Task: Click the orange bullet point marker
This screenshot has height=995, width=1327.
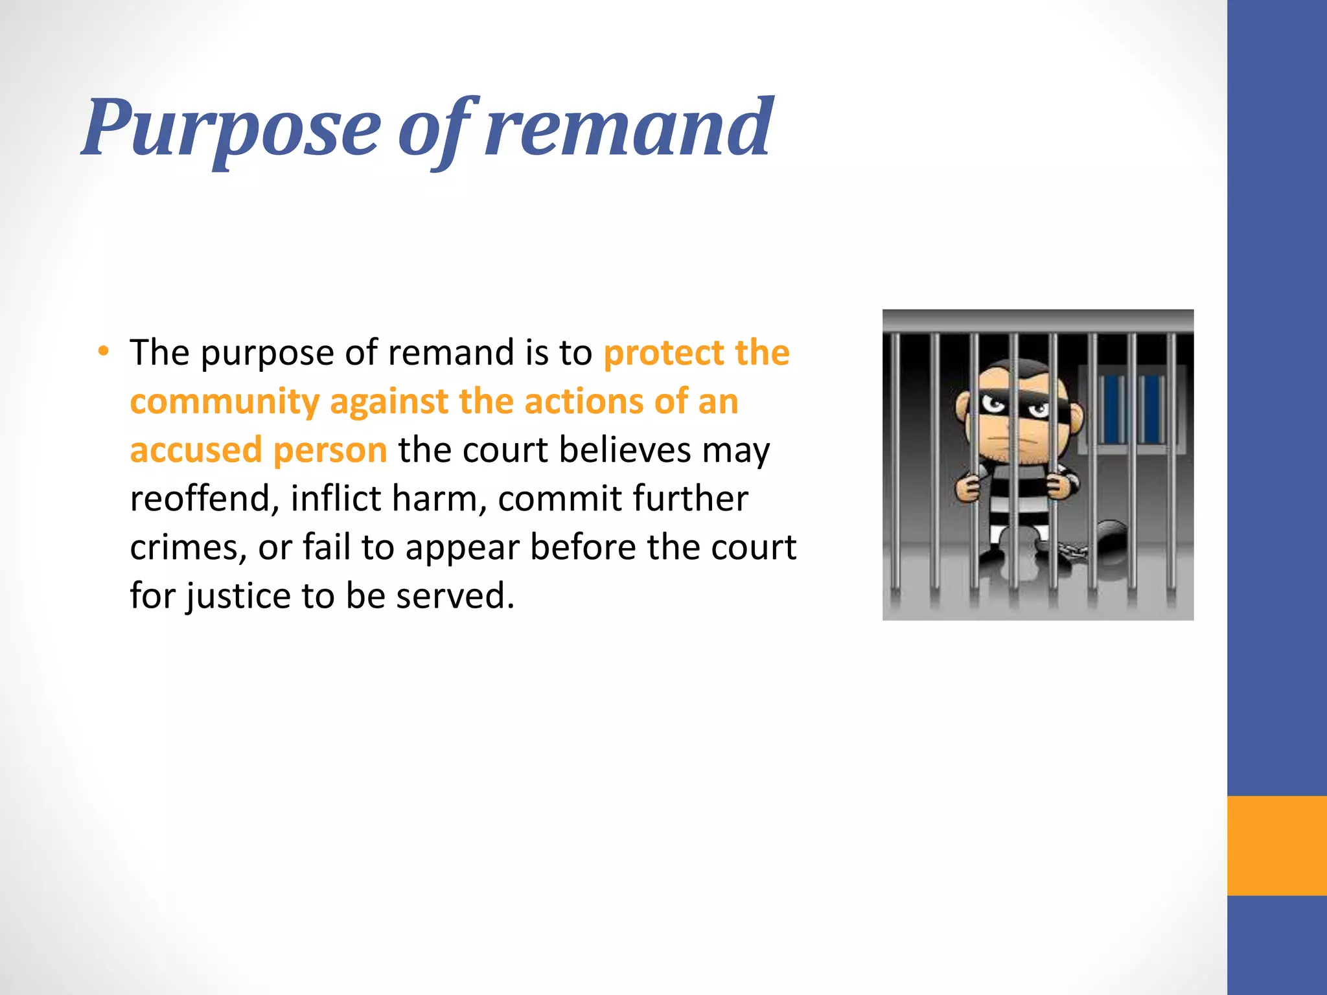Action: [x=104, y=352]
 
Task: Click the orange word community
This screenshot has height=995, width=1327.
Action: [x=224, y=402]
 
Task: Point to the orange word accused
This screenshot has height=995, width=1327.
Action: [x=196, y=450]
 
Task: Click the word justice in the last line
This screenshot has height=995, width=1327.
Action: [x=238, y=596]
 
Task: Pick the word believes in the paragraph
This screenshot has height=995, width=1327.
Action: [x=625, y=450]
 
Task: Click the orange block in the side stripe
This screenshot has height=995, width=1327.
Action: [x=1276, y=845]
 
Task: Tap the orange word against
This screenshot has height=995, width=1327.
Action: [x=389, y=402]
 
